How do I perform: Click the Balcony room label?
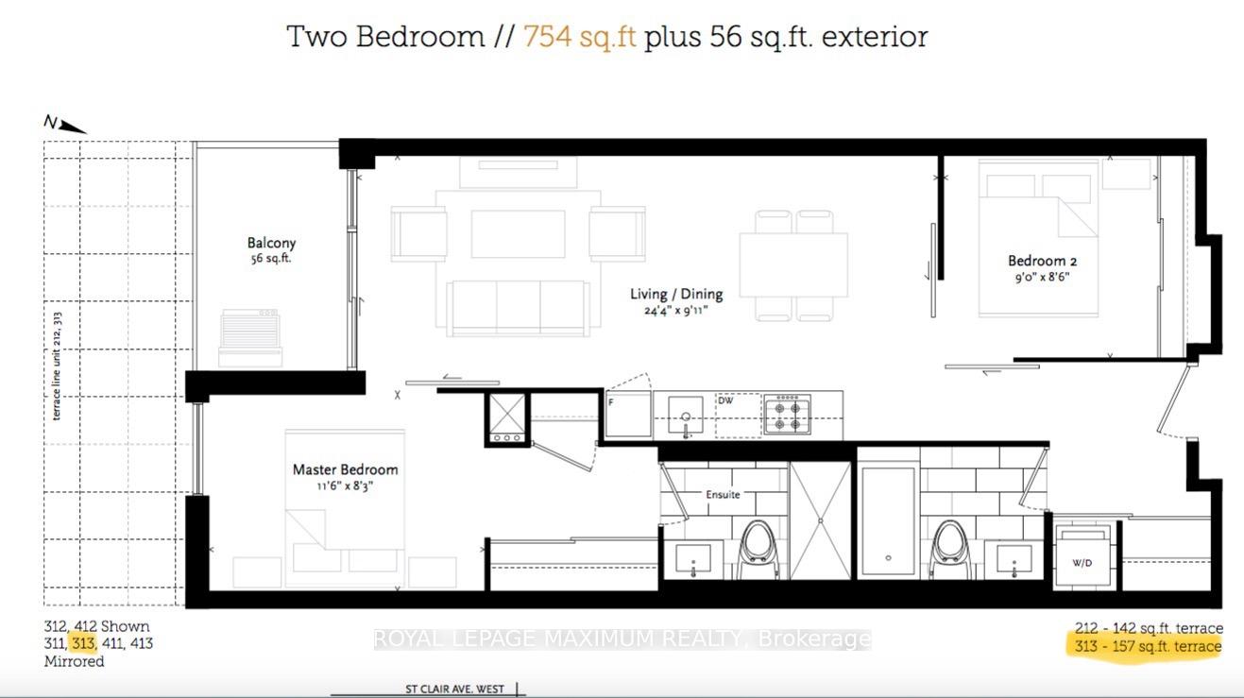pos(271,244)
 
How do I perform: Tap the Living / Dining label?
pos(676,294)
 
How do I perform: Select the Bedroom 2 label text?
pos(1043,261)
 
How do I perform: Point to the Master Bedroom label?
pos(346,469)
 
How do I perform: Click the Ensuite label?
pos(723,494)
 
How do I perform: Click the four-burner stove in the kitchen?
pos(787,415)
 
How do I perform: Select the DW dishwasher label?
pos(725,400)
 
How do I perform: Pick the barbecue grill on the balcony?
pos(250,337)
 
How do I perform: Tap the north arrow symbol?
pos(65,125)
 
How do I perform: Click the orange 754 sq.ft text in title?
pos(580,37)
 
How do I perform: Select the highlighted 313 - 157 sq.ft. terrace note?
pos(1148,646)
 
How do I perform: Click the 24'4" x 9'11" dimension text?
pos(676,311)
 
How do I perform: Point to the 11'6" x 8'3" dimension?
pos(345,486)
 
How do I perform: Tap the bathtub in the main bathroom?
pos(888,521)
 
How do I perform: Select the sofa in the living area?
pos(519,309)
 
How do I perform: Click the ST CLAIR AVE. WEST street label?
pos(454,689)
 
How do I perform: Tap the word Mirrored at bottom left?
pos(74,661)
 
